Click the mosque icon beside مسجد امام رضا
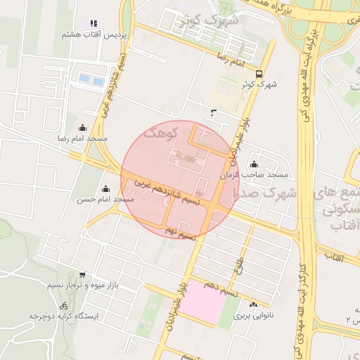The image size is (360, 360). pyautogui.click(x=83, y=128)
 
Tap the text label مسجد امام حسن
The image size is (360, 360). pyautogui.click(x=105, y=200)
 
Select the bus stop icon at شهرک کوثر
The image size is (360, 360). pyautogui.click(x=259, y=74)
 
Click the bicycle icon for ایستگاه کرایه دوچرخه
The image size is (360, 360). pyautogui.click(x=64, y=306)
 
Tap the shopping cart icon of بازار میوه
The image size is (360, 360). pyautogui.click(x=82, y=275)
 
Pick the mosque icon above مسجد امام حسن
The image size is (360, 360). pyautogui.click(x=105, y=188)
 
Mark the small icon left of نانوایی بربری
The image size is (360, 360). pyautogui.click(x=253, y=305)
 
